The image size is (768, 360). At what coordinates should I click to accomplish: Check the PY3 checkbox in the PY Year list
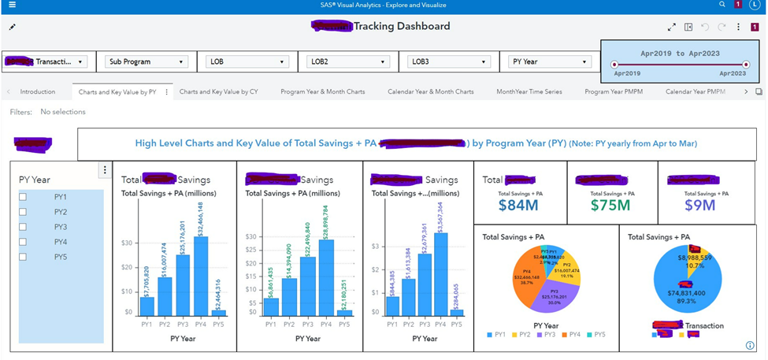coord(23,227)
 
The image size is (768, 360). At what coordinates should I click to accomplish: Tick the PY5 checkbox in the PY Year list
coord(23,257)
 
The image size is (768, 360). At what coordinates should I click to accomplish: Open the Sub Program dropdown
coord(147,61)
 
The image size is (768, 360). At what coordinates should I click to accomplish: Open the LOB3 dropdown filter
coord(447,61)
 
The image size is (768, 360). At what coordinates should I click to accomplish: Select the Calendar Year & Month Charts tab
coord(430,91)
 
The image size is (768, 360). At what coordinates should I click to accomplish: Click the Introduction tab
coord(37,91)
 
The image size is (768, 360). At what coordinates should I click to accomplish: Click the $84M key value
coord(518,206)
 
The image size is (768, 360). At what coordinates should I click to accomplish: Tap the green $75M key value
coord(611,206)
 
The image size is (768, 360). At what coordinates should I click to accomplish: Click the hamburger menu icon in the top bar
coord(11,5)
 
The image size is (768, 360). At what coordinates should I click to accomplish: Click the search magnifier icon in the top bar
coord(722,5)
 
